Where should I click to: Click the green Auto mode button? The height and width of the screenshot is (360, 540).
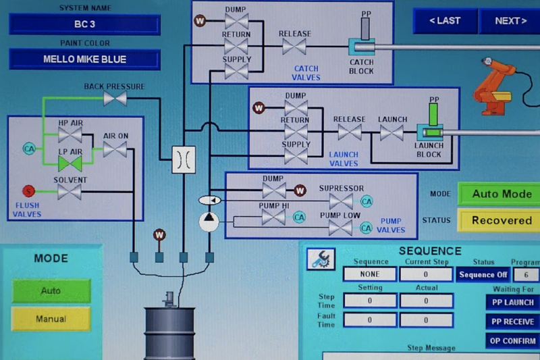click(51, 290)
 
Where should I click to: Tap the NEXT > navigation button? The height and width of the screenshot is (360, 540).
click(510, 21)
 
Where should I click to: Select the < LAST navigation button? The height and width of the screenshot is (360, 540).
click(445, 21)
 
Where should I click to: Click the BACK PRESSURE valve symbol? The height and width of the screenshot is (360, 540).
click(115, 99)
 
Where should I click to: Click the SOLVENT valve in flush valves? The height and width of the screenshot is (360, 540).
click(70, 192)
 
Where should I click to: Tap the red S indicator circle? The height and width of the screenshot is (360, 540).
click(28, 191)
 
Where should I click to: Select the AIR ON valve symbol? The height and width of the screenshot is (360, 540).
click(115, 149)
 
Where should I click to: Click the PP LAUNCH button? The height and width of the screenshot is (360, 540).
click(512, 303)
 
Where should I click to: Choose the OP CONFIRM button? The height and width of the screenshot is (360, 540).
click(512, 340)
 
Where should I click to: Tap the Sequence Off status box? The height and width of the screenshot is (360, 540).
click(483, 275)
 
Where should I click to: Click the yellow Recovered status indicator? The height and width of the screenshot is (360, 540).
click(501, 220)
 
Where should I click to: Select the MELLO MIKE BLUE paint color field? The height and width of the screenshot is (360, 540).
click(84, 59)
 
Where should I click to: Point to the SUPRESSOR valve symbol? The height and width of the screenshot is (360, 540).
click(340, 201)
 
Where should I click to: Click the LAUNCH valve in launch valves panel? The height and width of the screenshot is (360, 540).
click(391, 133)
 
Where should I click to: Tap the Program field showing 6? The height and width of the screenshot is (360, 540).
click(526, 275)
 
